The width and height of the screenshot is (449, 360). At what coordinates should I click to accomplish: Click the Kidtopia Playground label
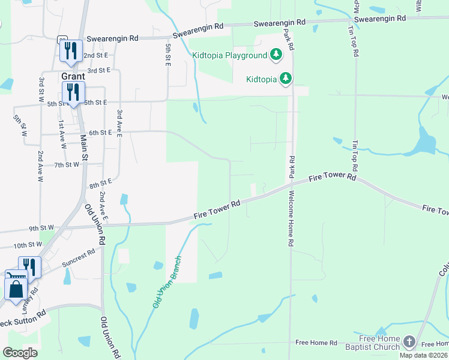point(229,56)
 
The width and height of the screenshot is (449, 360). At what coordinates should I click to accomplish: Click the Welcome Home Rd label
point(291,219)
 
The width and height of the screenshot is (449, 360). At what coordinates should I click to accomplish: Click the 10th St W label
point(28,245)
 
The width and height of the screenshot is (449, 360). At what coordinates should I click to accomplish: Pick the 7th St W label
point(67,164)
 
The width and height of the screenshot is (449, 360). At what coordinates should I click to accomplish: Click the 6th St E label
point(100,133)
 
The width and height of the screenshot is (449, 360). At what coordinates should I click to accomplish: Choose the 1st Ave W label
point(62,134)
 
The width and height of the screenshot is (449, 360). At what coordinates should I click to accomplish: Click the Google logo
point(20,353)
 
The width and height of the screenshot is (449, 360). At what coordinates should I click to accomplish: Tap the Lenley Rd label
point(32,298)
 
